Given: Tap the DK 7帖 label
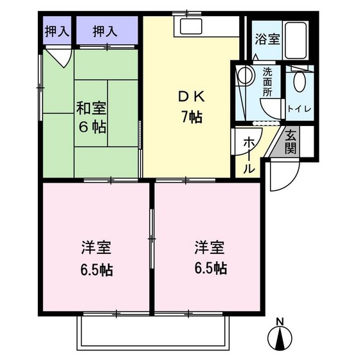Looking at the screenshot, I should click(x=191, y=107).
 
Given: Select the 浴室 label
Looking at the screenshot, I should click(x=267, y=39).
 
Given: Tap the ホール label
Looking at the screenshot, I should click(x=248, y=156).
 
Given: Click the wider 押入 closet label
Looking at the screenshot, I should click(x=105, y=30).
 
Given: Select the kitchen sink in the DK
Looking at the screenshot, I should click(x=191, y=26).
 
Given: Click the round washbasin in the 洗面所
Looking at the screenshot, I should click(x=244, y=76).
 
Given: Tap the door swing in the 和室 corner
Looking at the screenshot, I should click(x=63, y=58).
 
